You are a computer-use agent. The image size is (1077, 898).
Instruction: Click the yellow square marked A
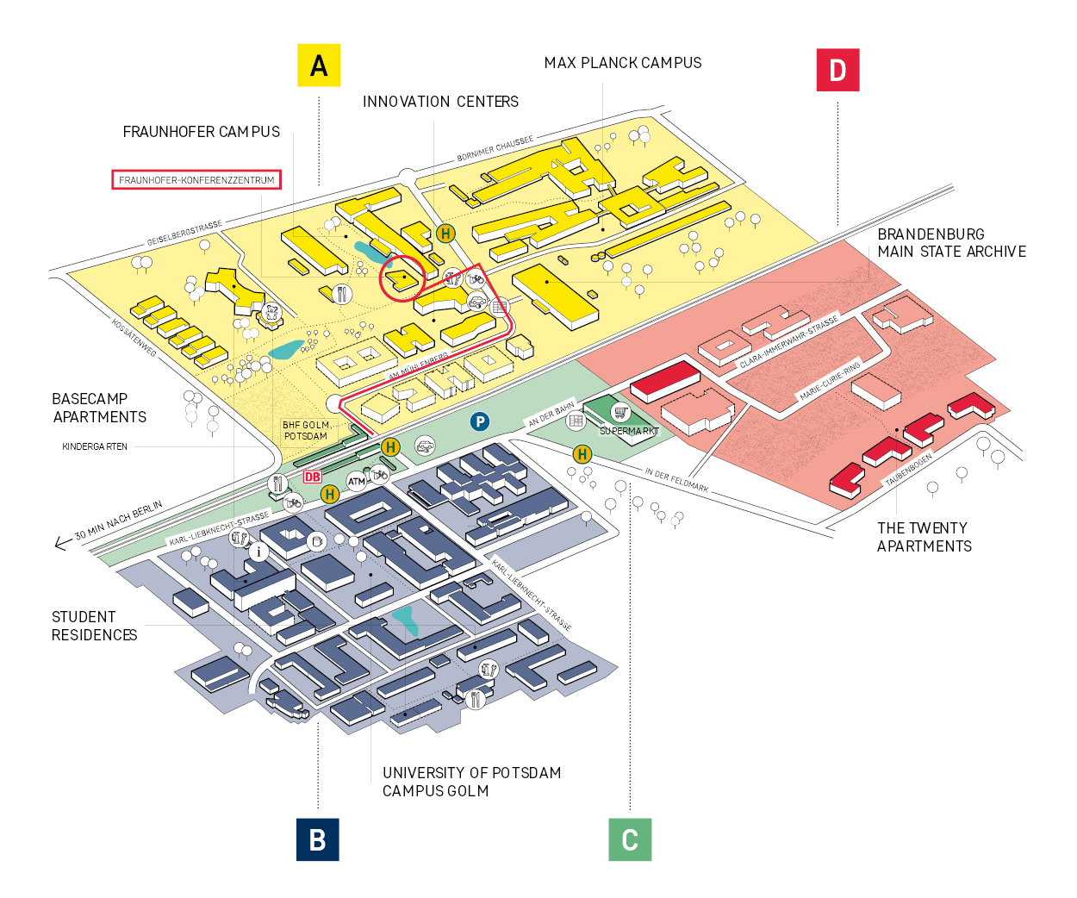point(319,65)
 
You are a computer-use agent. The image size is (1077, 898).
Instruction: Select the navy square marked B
point(318,839)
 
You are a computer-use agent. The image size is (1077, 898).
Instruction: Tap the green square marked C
point(630,839)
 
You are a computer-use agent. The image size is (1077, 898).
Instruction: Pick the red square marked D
point(837,70)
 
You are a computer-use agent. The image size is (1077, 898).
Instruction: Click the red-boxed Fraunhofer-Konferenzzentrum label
point(196,179)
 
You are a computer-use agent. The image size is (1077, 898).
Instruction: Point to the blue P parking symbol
point(480,421)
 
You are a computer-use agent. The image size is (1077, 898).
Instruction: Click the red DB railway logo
point(313,477)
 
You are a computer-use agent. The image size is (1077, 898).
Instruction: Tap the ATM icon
point(357,482)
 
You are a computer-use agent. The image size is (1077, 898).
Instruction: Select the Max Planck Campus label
point(623,63)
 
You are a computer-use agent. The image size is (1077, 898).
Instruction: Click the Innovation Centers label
point(440,102)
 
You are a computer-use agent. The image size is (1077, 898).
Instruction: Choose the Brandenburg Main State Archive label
point(952,242)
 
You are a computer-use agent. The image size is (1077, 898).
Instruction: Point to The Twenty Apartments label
point(924,537)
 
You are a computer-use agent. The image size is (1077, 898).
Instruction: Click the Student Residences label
point(95,626)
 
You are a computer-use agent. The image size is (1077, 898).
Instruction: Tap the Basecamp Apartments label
point(100,408)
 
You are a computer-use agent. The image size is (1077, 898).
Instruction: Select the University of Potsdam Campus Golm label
point(471,782)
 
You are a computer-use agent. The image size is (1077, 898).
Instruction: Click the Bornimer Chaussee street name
point(495,148)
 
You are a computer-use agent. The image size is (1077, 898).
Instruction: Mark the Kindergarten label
point(95,446)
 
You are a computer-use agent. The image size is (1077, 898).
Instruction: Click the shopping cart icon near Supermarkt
point(620,412)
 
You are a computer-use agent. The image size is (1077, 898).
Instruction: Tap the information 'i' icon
point(258,552)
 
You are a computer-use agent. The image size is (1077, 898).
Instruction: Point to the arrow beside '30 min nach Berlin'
point(63,543)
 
